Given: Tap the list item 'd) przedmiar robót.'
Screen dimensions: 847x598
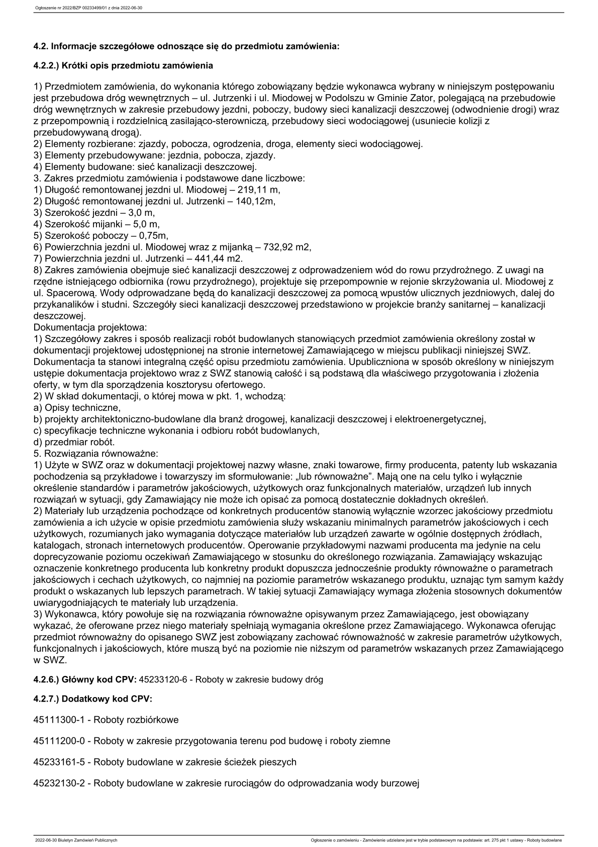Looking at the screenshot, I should point(74,442).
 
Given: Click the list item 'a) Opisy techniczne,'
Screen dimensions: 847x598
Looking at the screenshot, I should point(77,407).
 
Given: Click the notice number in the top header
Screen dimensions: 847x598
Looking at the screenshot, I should point(86,8).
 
